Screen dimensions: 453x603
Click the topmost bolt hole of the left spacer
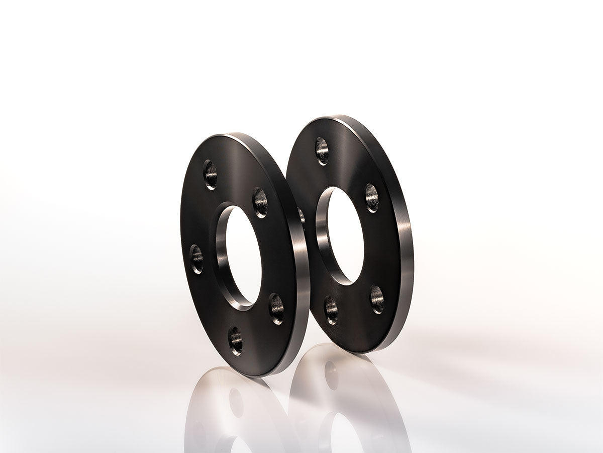point(211,175)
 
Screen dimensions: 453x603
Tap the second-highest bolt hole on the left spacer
point(260,202)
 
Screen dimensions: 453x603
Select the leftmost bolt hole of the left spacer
point(196,259)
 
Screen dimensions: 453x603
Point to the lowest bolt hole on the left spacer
point(236,340)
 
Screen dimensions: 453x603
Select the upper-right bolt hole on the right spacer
point(371,198)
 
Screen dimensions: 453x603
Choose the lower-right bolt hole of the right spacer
point(377,299)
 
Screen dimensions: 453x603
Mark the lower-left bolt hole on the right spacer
point(331,310)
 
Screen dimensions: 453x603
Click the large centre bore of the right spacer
point(346,236)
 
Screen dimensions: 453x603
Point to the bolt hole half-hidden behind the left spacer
point(301,216)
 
